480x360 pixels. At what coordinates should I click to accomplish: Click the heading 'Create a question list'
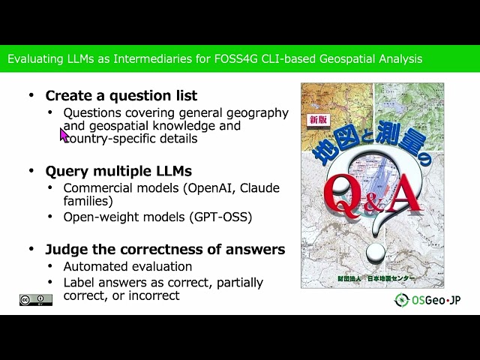[x=121, y=96]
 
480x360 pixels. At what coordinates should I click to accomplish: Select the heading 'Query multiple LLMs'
[x=118, y=170]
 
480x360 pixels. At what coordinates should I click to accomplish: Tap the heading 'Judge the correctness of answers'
[x=165, y=250]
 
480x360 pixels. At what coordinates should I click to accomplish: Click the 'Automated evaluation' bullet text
[x=127, y=267]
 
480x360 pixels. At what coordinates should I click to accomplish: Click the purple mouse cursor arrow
[x=64, y=134]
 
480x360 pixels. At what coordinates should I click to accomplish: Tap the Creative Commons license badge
[x=35, y=300]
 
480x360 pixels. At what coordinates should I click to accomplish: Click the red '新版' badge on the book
[x=319, y=120]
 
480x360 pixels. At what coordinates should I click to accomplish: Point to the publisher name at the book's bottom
[x=372, y=277]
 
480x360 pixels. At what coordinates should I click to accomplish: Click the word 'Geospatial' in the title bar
[x=354, y=58]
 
